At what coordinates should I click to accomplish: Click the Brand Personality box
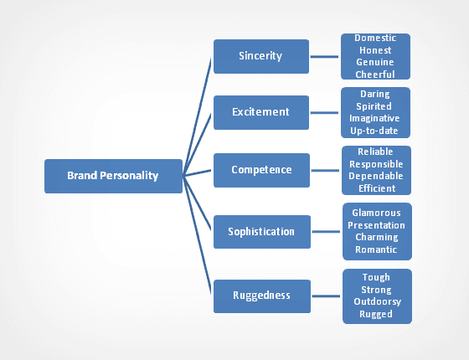click(x=113, y=176)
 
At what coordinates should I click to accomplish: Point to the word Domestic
click(x=376, y=39)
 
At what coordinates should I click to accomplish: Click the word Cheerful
click(x=376, y=74)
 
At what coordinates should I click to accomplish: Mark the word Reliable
click(x=376, y=153)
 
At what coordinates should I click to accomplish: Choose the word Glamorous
click(x=376, y=213)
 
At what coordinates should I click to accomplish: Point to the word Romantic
click(x=376, y=249)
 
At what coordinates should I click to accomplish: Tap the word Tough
click(x=376, y=278)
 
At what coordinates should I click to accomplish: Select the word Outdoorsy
click(x=376, y=303)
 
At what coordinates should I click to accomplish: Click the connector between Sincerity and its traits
click(x=326, y=56)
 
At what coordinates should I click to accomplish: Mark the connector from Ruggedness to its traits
click(x=326, y=296)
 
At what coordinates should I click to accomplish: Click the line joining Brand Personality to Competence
click(x=198, y=172)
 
